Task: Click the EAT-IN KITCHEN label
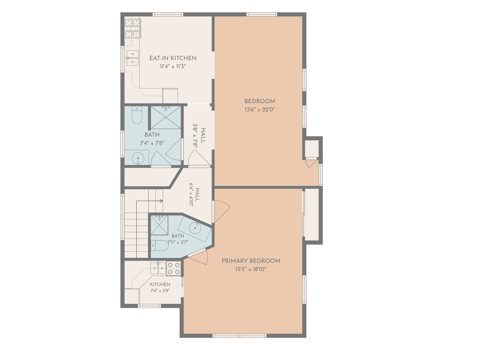(173, 58)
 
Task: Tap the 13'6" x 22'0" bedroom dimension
(260, 110)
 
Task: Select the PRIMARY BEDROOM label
(251, 261)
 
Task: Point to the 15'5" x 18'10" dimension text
(251, 269)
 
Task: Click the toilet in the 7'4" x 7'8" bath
(137, 115)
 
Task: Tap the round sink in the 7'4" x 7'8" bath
(138, 158)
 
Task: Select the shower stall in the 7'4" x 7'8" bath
(166, 118)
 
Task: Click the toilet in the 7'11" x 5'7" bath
(160, 245)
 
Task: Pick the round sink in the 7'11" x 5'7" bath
(195, 228)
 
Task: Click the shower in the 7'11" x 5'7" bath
(160, 225)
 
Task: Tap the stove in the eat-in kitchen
(133, 28)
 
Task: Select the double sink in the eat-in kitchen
(133, 58)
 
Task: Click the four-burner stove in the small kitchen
(174, 268)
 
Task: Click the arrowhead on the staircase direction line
(162, 201)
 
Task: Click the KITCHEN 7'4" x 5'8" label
(160, 287)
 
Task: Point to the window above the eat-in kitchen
(168, 14)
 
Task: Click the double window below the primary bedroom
(239, 336)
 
